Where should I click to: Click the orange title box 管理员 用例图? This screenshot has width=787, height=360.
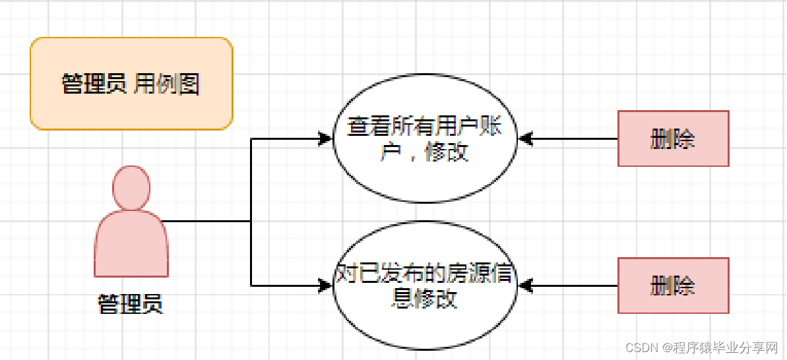(131, 84)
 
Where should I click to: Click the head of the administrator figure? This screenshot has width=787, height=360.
(131, 187)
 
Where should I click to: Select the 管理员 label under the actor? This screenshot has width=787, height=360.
(130, 304)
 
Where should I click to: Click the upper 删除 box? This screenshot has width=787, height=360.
(673, 138)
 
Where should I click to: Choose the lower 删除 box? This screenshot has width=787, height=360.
(673, 285)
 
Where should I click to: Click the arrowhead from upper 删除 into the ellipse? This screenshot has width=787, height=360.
(525, 138)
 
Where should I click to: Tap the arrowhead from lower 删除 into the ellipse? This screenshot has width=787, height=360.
(525, 285)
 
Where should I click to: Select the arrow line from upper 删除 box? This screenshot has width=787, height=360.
(574, 138)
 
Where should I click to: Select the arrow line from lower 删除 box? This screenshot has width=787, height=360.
(574, 285)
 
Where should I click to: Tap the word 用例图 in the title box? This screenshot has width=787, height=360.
(167, 84)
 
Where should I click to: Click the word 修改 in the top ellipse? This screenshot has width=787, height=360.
(447, 152)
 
